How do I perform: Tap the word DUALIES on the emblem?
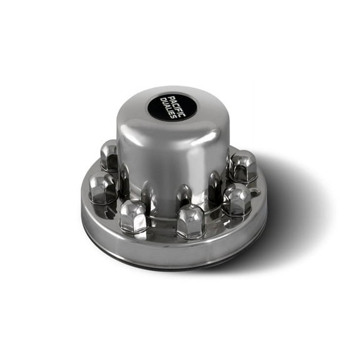pos(167,108)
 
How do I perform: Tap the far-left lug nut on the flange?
pos(102,187)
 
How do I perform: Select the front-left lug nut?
pos(133,216)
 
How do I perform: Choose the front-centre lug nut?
pos(191,220)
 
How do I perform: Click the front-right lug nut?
pos(236,199)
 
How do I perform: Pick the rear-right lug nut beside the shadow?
pos(242,166)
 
